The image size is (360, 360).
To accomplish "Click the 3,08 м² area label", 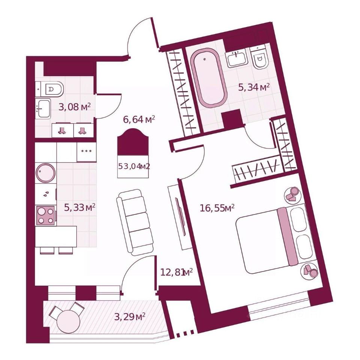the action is click(x=75, y=107).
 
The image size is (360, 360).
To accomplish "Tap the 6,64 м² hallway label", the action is click(x=139, y=120).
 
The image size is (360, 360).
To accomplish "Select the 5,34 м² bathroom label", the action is click(x=255, y=88).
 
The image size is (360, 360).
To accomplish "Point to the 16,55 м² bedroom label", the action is click(x=217, y=208).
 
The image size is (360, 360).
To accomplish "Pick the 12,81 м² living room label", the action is click(x=176, y=272).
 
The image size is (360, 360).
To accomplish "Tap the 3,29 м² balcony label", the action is click(x=130, y=317).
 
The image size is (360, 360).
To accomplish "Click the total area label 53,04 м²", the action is click(x=134, y=166).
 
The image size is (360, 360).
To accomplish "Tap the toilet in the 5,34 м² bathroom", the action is click(x=259, y=58).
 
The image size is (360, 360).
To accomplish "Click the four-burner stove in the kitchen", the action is click(x=46, y=216).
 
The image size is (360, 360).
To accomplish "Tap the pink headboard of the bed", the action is click(x=288, y=236).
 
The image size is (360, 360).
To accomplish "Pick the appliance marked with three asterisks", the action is click(x=87, y=151).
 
